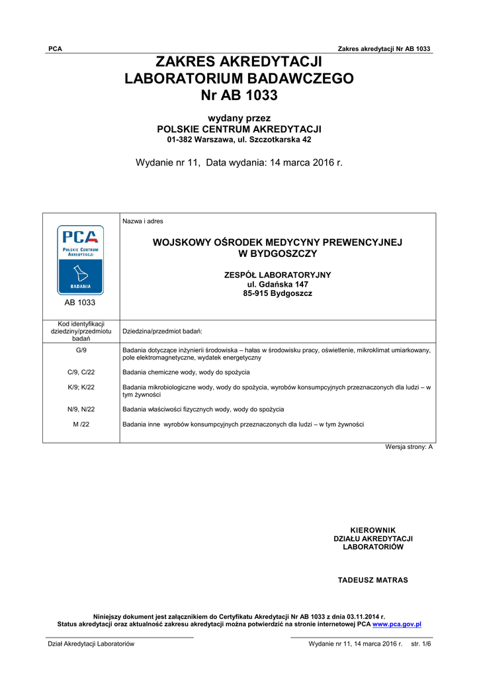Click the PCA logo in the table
coord(80,259)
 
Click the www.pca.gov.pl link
coord(397,624)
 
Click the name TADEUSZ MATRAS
coord(373,580)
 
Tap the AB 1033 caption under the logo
coord(80,303)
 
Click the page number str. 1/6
coord(421,644)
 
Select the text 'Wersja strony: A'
coord(409,447)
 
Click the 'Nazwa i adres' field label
coord(142,221)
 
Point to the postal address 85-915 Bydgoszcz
coord(277,293)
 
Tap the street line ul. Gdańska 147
coord(277,284)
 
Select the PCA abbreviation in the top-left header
coord(56,49)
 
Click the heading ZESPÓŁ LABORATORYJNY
coord(277,275)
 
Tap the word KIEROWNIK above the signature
coord(372,530)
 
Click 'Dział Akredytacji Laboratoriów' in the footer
coord(91,644)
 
